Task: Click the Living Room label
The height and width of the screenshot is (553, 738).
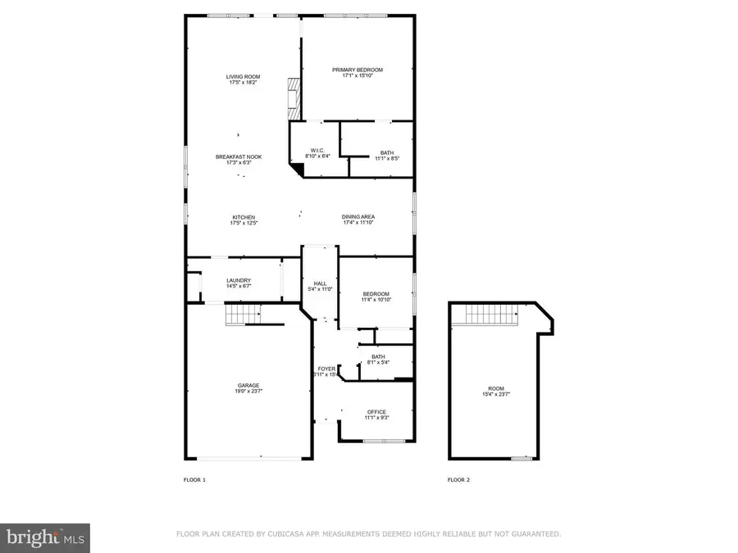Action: point(244,77)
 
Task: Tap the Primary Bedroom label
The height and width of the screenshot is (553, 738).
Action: point(358,70)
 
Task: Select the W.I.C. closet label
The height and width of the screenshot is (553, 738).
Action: point(315,151)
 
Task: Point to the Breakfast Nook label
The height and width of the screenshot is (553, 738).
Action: point(239,156)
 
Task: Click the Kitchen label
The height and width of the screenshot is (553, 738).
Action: point(244,217)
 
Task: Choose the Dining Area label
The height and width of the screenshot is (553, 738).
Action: point(358,217)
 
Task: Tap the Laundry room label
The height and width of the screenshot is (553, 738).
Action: point(239,281)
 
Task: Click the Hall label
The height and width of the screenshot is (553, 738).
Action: point(320,283)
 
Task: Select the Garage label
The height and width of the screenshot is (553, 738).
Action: point(249,385)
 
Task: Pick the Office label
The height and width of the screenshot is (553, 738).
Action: point(376,411)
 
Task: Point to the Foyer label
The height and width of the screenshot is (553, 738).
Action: point(326,369)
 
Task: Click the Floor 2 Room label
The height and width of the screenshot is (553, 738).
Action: point(496,388)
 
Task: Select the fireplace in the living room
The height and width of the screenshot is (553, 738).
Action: point(293,96)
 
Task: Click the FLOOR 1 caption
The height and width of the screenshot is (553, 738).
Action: point(194,479)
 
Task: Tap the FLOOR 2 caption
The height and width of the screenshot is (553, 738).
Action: point(458,479)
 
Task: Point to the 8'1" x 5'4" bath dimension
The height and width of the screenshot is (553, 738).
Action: point(378,362)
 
